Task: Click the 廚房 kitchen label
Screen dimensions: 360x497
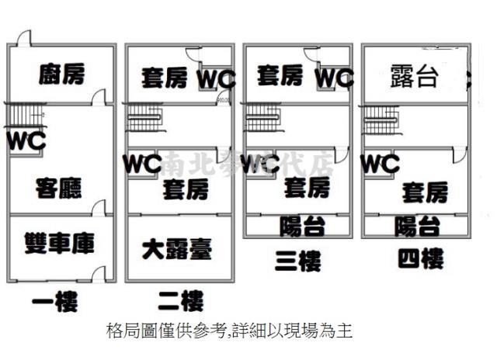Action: tap(61, 74)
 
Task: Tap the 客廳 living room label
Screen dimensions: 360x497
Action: tap(58, 187)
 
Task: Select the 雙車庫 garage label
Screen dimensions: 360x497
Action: tap(60, 244)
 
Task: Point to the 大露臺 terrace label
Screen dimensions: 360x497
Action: tap(177, 249)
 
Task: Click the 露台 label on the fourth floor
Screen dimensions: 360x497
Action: tap(414, 77)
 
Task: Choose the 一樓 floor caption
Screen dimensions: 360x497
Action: tap(54, 301)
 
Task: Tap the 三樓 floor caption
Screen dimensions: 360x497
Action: tap(297, 261)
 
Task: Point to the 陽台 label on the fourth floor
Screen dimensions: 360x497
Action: tap(417, 226)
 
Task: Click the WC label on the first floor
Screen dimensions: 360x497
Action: tap(26, 141)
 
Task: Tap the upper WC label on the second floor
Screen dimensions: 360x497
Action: tap(216, 79)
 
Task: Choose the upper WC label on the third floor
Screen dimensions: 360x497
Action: tap(334, 78)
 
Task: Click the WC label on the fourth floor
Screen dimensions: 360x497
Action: tap(381, 164)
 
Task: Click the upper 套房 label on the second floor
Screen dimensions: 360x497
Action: tap(165, 77)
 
